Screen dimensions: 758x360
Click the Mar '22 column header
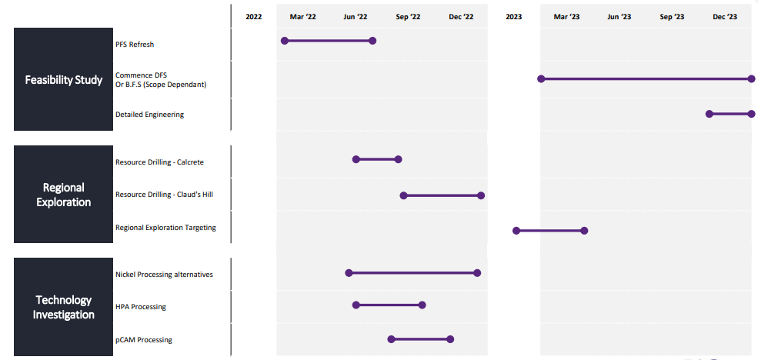302,17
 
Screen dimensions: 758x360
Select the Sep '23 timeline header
672,17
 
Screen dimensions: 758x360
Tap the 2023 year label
514,17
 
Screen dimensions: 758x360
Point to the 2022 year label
254,17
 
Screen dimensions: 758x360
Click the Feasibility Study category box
63,79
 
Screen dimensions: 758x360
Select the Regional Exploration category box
63,195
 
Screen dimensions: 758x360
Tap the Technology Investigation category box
63,307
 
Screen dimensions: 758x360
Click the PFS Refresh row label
135,45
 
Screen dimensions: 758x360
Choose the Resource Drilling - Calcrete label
159,162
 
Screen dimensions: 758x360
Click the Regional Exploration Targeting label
165,228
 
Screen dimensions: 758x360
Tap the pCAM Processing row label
144,340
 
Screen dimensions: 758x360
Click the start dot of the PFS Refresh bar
285,41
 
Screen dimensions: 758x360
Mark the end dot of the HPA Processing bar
422,305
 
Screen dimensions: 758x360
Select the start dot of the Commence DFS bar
542,78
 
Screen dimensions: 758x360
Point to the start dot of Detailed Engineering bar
710,114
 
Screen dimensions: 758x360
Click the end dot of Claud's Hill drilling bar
480,195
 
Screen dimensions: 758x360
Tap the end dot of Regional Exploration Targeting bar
584,231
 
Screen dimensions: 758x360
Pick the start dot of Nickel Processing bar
349,273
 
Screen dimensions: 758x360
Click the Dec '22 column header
461,17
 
